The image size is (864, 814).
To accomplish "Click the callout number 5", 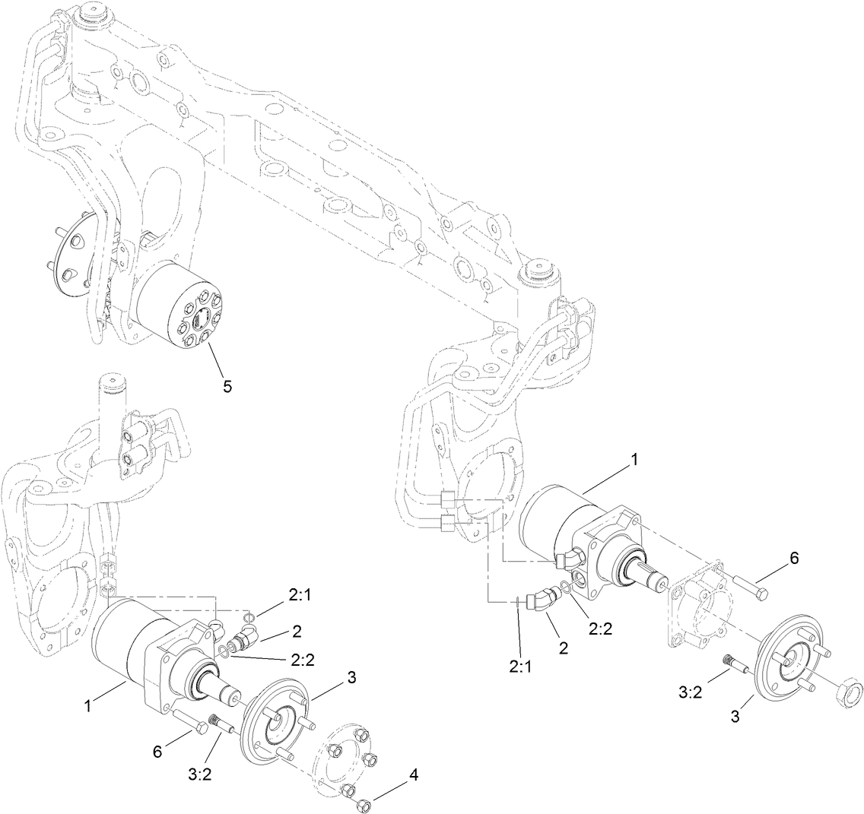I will [227, 386].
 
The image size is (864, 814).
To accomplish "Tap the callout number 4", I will [414, 775].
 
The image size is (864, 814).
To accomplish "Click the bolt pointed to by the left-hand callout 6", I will [190, 724].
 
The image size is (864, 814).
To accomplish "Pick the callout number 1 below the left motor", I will [90, 705].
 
